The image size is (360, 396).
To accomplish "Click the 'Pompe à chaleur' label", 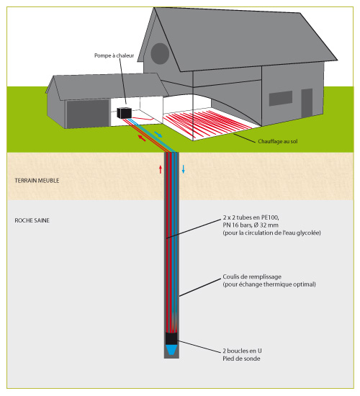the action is click(114, 55).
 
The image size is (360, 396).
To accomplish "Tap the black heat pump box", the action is click(125, 113).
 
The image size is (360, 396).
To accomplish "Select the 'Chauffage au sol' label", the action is click(278, 141).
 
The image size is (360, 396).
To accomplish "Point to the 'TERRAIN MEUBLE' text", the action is click(37, 181).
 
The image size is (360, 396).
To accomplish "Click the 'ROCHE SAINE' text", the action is click(32, 220).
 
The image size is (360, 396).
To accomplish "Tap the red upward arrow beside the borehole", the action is click(160, 169).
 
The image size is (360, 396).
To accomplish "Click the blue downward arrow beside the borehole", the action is click(184, 169).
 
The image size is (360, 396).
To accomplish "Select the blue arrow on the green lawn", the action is click(158, 134).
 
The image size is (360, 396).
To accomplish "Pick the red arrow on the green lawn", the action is click(142, 138).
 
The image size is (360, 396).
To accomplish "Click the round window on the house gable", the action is click(160, 53).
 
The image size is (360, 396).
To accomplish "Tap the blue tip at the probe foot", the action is click(171, 350).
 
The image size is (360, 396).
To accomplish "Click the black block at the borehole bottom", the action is click(171, 338).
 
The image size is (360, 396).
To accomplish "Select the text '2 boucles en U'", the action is click(242, 351).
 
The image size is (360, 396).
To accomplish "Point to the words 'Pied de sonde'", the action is click(241, 359).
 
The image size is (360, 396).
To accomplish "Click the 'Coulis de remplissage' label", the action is click(252, 276).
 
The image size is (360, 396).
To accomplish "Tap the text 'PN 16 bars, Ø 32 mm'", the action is click(251, 225).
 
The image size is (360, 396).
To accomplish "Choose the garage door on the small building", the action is click(88, 114).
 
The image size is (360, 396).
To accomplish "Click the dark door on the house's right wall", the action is click(307, 103).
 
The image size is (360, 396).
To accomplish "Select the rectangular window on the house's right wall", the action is click(281, 98).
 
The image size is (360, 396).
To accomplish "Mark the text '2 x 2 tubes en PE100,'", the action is click(251, 217).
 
